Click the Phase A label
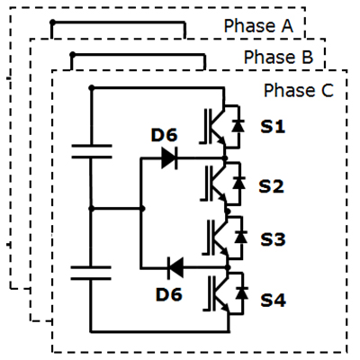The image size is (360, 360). coord(258,26)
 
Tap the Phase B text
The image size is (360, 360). coord(278,57)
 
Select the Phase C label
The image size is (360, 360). coord(299,90)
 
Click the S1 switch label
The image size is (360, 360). coord(273,127)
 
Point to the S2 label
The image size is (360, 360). coord(271,186)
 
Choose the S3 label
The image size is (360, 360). coord(273,239)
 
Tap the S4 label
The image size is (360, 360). coord(273,300)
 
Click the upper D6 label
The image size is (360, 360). coord(164,135)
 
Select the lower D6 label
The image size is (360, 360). coord(169,294)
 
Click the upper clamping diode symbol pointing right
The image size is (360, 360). coord(169,157)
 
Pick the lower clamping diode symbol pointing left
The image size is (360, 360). coord(175,268)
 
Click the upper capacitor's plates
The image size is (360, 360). coord(92,151)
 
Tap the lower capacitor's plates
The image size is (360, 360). coord(91,273)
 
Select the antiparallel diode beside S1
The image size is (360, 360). coord(238,126)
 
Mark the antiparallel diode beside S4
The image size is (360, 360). coord(241,292)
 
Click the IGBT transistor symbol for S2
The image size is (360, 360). coord(214,184)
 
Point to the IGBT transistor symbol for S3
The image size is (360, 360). coord(217,238)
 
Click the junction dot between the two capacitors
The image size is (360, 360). coord(92,209)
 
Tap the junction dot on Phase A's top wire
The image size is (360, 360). coord(52,22)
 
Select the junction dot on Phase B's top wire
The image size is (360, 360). coord(72,55)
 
